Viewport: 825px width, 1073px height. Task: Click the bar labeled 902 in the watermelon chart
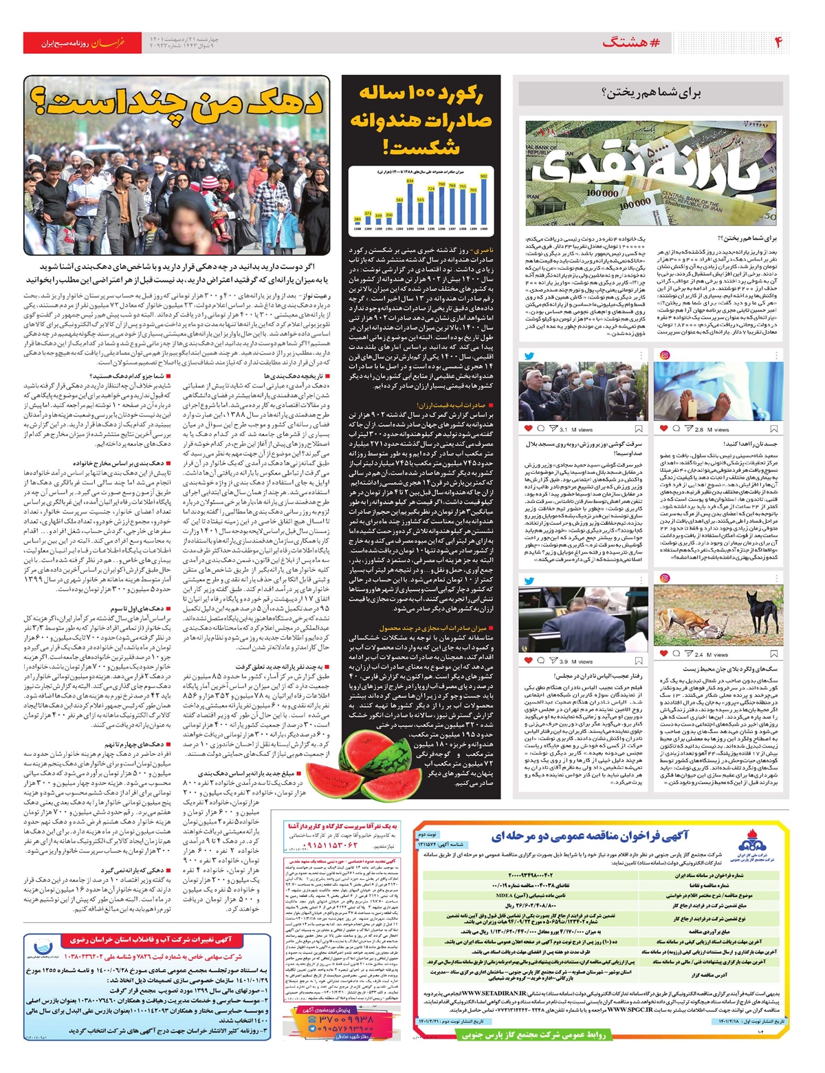point(483,202)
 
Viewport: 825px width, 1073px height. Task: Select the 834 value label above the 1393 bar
point(410,180)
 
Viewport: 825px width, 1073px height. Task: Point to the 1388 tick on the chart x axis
point(357,227)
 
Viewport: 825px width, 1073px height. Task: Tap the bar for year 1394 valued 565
point(421,212)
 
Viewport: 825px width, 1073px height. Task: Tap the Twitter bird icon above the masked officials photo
point(529,356)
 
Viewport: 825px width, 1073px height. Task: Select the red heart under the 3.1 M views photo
point(528,429)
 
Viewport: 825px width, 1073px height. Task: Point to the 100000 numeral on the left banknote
point(602,193)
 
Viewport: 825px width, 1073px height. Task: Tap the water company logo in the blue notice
point(43,951)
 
